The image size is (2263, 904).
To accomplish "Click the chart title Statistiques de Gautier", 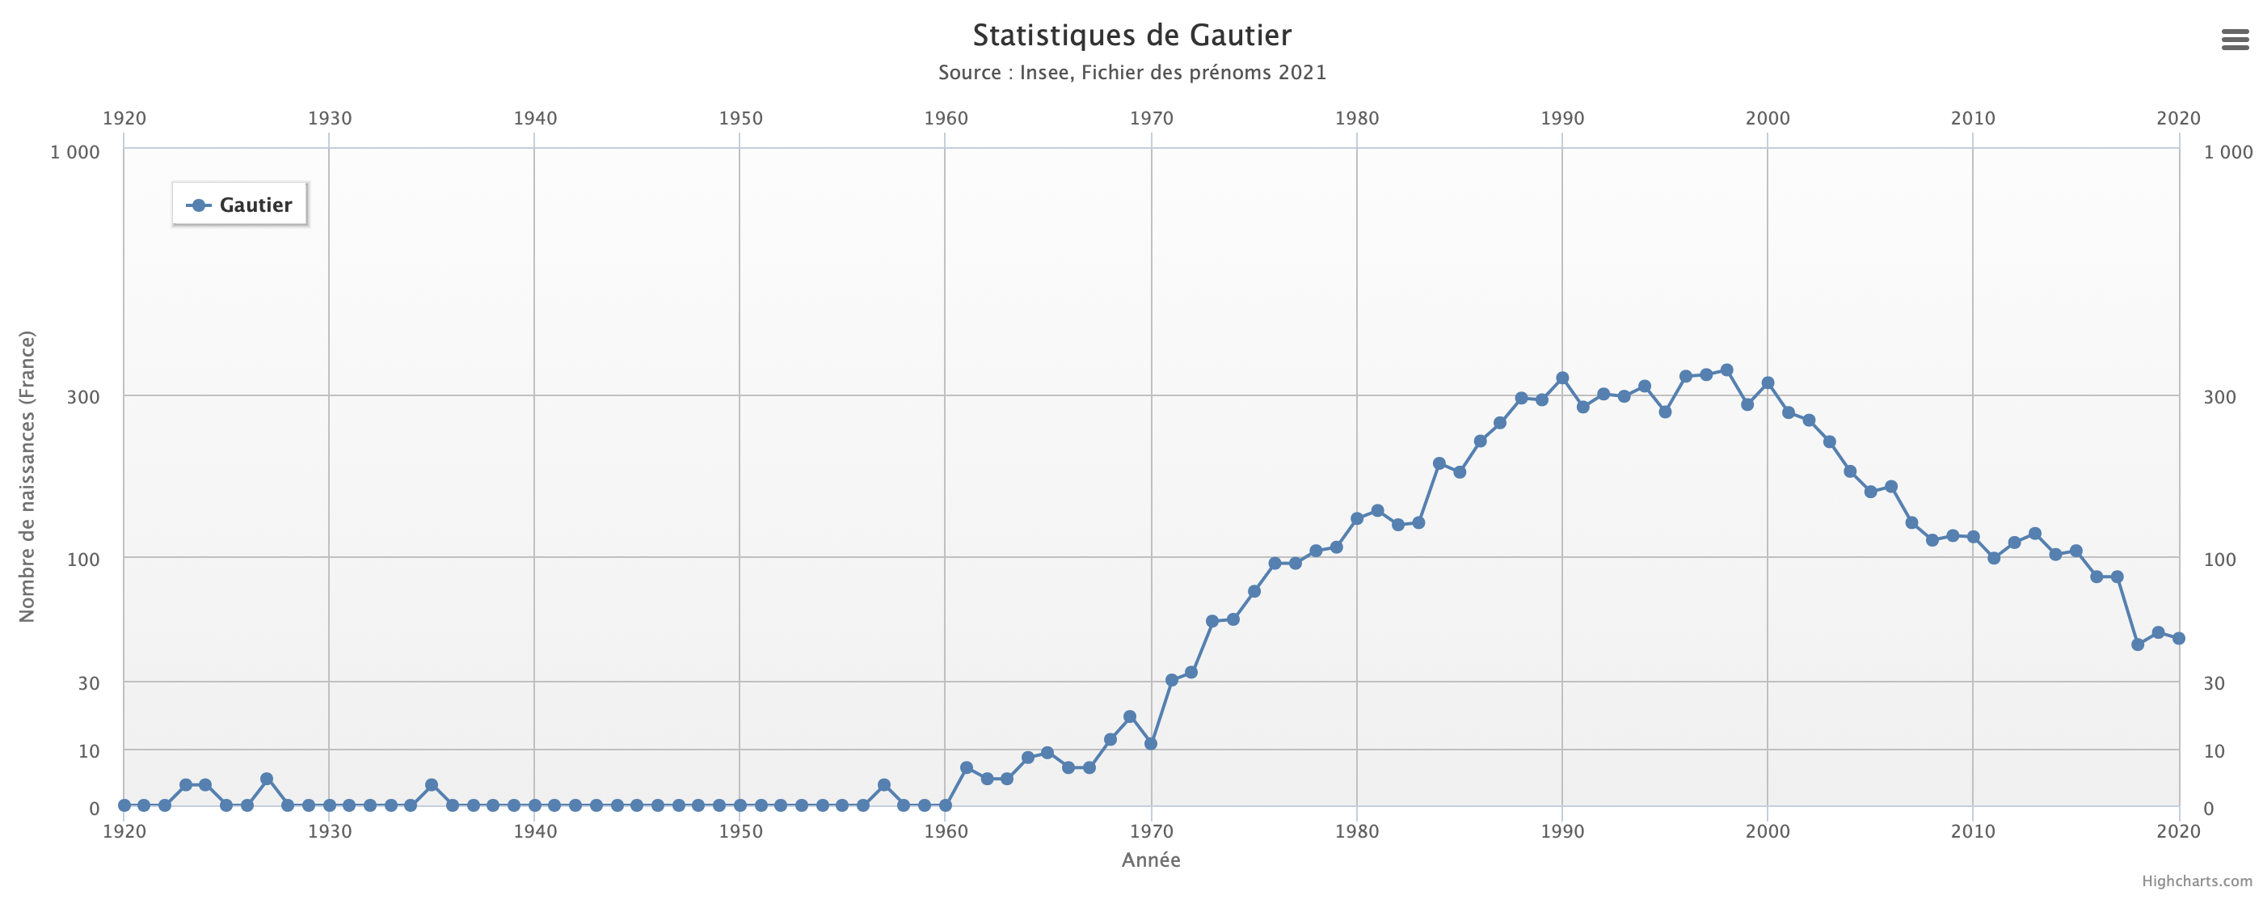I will coord(1131,35).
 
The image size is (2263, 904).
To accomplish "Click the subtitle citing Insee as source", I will coord(1131,72).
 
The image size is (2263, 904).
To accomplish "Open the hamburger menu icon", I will coord(2235,40).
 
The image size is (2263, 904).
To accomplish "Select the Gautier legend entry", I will coord(240,205).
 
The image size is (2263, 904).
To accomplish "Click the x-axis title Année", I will coord(1151,860).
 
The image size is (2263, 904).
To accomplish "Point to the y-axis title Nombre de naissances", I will coord(27,476).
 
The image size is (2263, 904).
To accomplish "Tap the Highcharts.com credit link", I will coord(2196,881).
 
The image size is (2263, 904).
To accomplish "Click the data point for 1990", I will coord(1562,378).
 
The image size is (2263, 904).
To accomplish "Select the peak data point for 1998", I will coord(1726,370).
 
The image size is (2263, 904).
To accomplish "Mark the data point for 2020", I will coord(2179,639).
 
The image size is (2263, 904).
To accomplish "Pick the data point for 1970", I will coord(1151,744).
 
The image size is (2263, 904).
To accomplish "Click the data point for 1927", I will coord(267,779).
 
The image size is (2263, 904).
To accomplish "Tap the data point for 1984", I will coord(1439,464).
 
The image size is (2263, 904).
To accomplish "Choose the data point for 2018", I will coord(2138,644).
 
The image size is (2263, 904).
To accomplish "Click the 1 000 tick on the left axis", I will coord(74,152).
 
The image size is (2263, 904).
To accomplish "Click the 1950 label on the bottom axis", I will coord(740,831).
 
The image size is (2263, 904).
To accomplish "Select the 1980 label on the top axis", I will coord(1356,119).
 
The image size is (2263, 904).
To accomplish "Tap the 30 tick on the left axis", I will coord(88,683).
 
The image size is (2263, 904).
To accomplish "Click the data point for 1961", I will coord(967,768).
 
